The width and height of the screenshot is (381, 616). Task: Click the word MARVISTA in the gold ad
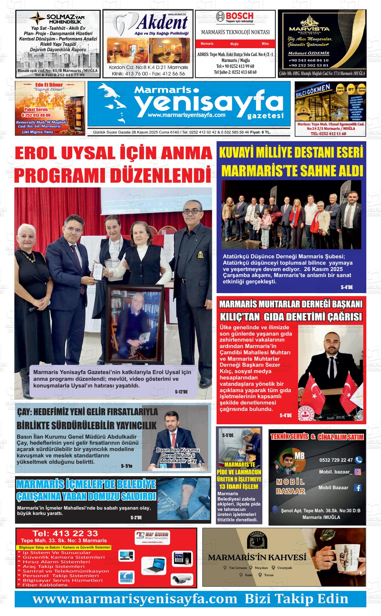(314, 29)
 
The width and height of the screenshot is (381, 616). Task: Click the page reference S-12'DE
(181, 392)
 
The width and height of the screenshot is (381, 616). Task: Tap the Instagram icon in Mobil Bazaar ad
(357, 472)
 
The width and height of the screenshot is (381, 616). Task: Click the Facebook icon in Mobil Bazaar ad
(357, 488)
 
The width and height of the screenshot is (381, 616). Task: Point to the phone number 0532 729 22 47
(336, 460)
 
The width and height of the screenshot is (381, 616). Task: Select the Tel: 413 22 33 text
(65, 533)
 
